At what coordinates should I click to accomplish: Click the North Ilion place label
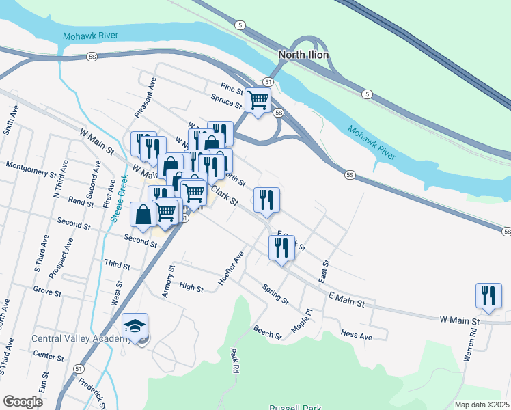pyautogui.click(x=304, y=55)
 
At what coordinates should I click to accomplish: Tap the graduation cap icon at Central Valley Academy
pyautogui.click(x=135, y=326)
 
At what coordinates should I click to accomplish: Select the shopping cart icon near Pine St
pyautogui.click(x=258, y=100)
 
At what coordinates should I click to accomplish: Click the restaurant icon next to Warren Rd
pyautogui.click(x=488, y=295)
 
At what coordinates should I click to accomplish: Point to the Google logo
pyautogui.click(x=23, y=402)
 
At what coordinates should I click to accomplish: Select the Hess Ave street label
pyautogui.click(x=356, y=336)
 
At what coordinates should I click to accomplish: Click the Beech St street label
pyautogui.click(x=268, y=333)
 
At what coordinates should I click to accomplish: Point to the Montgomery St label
pyautogui.click(x=31, y=166)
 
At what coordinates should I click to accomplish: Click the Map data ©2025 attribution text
pyautogui.click(x=481, y=405)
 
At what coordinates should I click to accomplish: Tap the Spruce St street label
pyautogui.click(x=227, y=103)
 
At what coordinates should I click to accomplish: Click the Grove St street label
pyautogui.click(x=48, y=293)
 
